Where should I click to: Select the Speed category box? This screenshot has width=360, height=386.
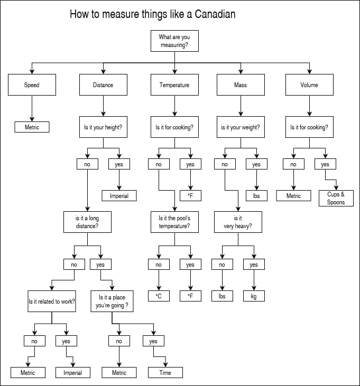(32, 84)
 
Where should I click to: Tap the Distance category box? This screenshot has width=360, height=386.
(103, 84)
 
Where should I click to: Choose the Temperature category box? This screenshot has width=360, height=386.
(174, 84)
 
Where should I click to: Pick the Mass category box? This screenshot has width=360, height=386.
(240, 84)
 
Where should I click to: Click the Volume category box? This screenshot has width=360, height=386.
(309, 84)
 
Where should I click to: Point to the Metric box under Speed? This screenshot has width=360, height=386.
(32, 127)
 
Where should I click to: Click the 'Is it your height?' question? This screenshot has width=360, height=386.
(103, 127)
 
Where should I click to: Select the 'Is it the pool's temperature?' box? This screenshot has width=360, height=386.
(174, 222)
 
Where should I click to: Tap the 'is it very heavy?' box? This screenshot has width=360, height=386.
(238, 222)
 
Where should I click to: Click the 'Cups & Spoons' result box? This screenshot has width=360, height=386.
(336, 198)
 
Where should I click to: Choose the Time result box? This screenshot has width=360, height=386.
(165, 372)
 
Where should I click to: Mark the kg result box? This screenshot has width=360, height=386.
(254, 296)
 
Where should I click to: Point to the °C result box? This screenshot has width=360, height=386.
(159, 296)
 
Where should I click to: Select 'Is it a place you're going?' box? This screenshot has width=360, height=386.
(112, 301)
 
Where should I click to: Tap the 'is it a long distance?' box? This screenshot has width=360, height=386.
(87, 222)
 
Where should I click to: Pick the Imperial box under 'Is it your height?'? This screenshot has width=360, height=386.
(119, 196)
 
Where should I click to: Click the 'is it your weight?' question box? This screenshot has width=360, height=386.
(240, 127)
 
